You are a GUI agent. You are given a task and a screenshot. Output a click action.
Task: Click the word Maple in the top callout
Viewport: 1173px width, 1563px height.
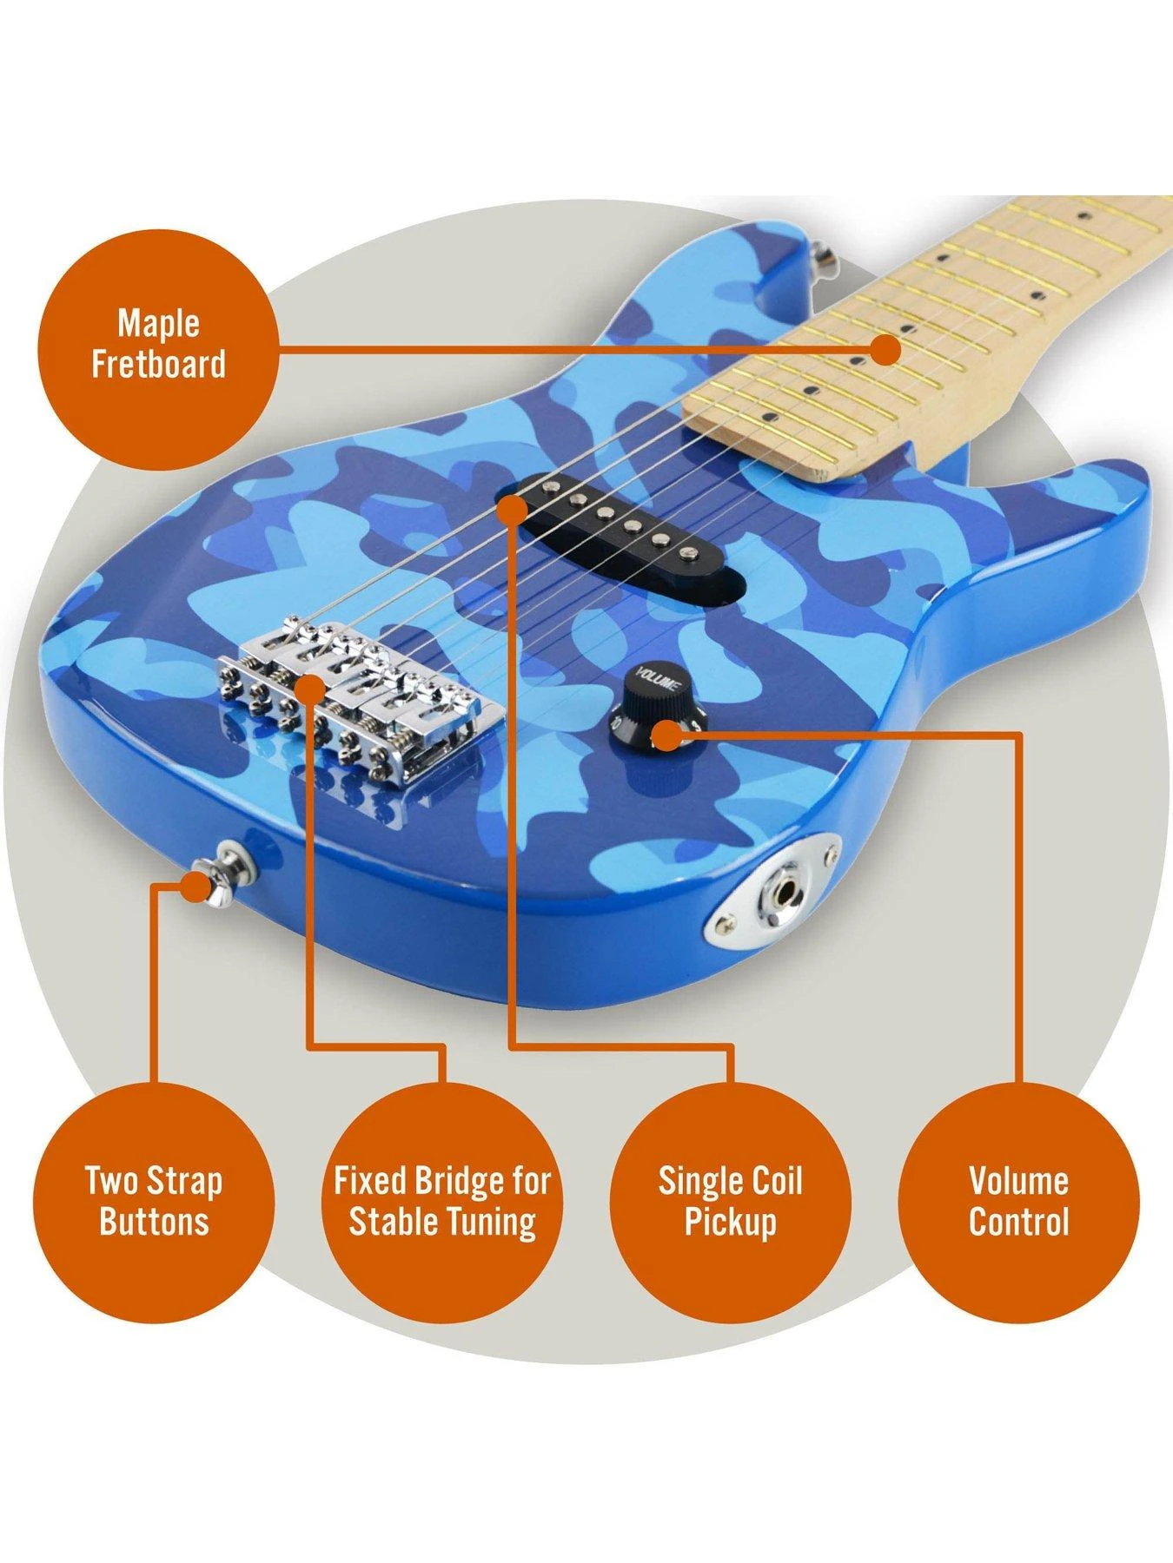click(x=158, y=323)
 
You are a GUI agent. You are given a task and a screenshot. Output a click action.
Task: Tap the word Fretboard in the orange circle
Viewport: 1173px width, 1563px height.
click(x=158, y=364)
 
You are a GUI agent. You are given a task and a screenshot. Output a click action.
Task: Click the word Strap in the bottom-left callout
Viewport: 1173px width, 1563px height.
click(x=184, y=1181)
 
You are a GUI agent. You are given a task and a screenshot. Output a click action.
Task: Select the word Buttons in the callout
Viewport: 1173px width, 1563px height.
click(x=154, y=1221)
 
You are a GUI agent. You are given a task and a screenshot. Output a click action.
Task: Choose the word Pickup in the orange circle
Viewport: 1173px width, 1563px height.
click(x=730, y=1221)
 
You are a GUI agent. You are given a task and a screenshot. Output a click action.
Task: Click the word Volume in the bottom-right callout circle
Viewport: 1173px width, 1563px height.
click(x=1018, y=1181)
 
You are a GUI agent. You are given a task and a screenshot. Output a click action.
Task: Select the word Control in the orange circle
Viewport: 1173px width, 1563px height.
click(x=1018, y=1221)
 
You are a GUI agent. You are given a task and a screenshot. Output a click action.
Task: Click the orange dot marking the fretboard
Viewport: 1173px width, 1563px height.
click(x=886, y=350)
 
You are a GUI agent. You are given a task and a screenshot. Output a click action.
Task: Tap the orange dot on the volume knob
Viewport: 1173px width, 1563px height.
click(x=666, y=735)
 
